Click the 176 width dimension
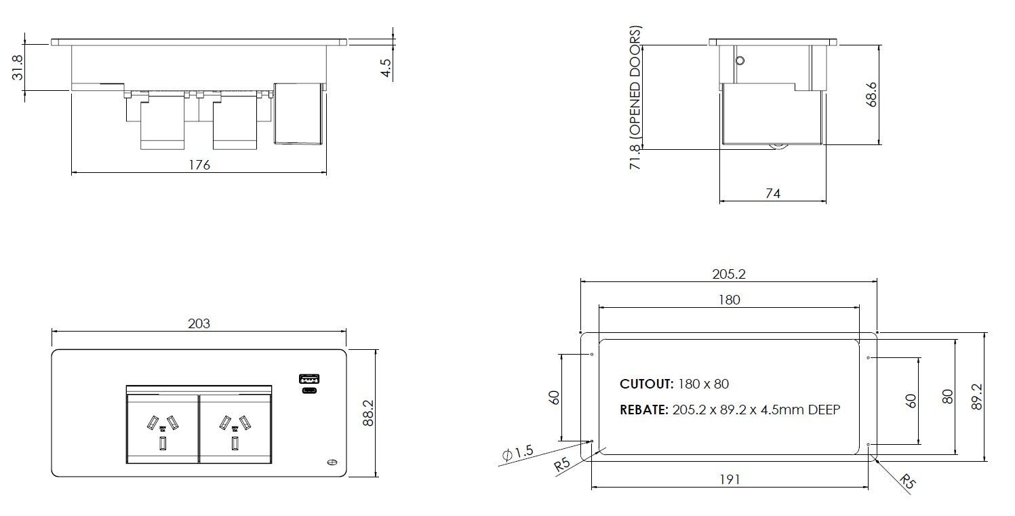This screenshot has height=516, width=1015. [x=199, y=165]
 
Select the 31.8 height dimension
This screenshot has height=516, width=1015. [x=18, y=68]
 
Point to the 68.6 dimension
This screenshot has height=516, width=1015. [x=872, y=94]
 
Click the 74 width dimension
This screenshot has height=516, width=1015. [x=772, y=194]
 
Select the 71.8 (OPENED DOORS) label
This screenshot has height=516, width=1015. [x=635, y=98]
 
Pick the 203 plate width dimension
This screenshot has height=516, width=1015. [x=199, y=323]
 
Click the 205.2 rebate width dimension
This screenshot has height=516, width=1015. [x=729, y=274]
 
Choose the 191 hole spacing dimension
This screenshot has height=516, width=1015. [x=729, y=479]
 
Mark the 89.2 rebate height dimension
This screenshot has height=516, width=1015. [x=977, y=397]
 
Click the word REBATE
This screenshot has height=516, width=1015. [x=643, y=410]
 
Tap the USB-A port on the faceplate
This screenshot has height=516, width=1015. [x=310, y=378]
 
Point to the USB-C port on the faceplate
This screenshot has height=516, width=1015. [x=310, y=391]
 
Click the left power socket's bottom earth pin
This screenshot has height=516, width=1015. [x=163, y=444]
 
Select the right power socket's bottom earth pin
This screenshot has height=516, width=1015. [x=235, y=444]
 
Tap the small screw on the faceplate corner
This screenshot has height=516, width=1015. [x=332, y=462]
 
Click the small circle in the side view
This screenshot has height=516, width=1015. [x=740, y=60]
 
